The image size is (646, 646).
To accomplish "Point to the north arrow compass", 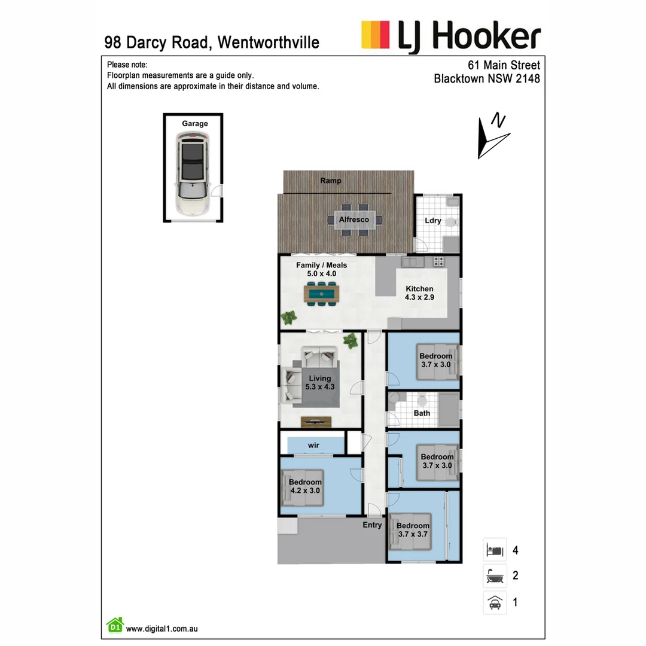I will (492, 136).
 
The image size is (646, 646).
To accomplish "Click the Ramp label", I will (331, 181).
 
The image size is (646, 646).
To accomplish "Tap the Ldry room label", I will (433, 220).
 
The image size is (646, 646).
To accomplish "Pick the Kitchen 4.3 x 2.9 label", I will (419, 293).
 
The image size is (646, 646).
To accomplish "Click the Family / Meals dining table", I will (322, 293).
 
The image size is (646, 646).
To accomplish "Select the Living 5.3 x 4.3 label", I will (320, 382).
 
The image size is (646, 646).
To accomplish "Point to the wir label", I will (313, 446).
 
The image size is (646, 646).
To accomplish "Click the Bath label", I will (422, 413).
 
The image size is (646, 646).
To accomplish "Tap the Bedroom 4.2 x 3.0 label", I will (305, 486).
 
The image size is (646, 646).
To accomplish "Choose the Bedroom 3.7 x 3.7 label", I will (413, 530).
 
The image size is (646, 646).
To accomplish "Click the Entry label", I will (372, 525).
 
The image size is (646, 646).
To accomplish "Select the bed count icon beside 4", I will (495, 550).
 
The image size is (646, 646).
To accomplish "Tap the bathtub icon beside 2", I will (495, 576).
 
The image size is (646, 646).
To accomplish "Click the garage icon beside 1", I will (495, 602).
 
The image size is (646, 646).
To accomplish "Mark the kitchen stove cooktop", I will (438, 261).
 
